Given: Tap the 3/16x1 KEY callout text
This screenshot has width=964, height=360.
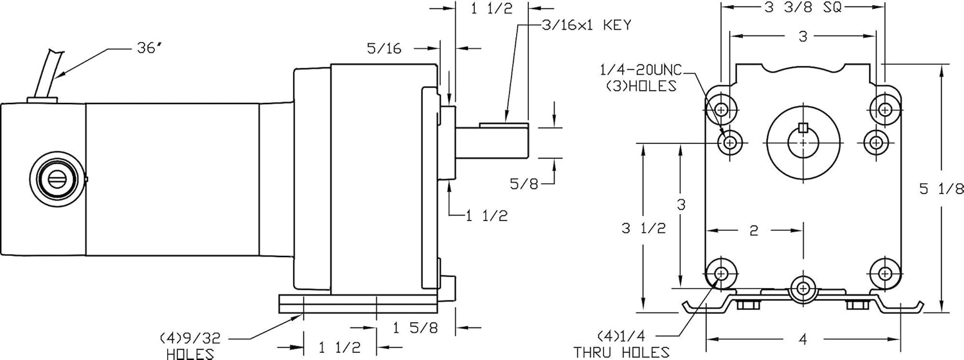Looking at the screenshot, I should [585, 26].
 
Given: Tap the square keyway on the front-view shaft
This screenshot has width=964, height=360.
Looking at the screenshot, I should [802, 127].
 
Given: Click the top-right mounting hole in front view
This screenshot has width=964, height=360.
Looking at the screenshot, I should [886, 109].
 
